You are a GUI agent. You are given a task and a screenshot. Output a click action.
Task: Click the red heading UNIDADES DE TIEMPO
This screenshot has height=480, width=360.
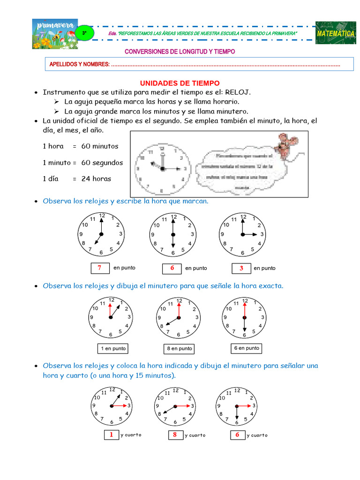click(180, 83)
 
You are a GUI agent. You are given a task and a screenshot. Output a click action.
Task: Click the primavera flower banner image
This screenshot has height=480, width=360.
click(55, 34)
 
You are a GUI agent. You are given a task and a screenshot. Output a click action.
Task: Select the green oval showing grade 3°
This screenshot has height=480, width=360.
click(84, 33)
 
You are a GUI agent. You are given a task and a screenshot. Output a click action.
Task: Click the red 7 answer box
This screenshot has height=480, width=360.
click(100, 268)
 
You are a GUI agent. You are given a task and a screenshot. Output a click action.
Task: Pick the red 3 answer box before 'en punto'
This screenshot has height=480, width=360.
click(242, 268)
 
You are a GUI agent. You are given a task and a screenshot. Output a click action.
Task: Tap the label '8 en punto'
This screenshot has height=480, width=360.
click(179, 349)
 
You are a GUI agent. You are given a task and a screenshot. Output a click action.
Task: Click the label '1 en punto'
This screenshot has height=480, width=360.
click(112, 349)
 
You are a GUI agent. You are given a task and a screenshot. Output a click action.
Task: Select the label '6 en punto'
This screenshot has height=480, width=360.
click(247, 348)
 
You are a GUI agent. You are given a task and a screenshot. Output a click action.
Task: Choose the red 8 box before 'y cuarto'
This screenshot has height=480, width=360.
click(175, 435)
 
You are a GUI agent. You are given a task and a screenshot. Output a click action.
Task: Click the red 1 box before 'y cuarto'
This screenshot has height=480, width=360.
click(112, 435)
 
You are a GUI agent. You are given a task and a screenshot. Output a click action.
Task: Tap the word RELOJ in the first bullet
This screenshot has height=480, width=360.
click(238, 92)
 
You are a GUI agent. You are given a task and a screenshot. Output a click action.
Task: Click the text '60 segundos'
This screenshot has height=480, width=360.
click(102, 163)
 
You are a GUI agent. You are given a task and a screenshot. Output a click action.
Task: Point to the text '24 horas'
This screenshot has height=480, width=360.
click(96, 179)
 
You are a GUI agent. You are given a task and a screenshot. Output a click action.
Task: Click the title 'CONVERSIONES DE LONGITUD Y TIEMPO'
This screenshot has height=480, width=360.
click(180, 52)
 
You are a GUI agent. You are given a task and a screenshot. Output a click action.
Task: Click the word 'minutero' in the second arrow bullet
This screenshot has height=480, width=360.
click(233, 111)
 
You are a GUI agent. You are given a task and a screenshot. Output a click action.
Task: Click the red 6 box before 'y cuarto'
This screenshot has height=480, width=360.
click(238, 435)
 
